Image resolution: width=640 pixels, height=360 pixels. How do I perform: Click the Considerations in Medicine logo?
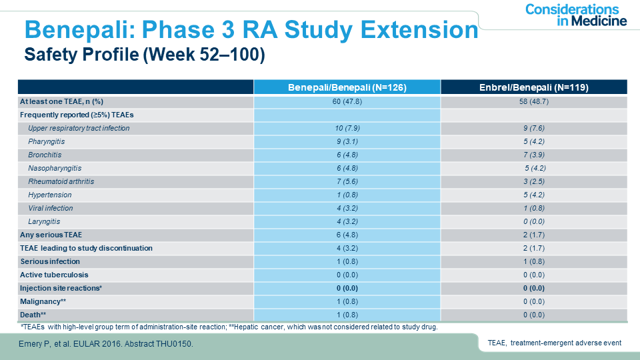click(576, 15)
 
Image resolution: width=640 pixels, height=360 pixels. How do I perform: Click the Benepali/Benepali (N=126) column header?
click(347, 87)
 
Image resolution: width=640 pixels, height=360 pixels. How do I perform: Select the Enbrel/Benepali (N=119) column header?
click(534, 87)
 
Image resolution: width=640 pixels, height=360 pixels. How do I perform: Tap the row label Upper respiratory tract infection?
click(79, 128)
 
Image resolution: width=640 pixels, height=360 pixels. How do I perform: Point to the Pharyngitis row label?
click(47, 141)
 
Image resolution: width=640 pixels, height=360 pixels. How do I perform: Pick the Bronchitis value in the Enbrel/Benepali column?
click(534, 155)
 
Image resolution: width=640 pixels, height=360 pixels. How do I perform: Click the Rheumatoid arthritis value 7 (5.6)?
click(347, 181)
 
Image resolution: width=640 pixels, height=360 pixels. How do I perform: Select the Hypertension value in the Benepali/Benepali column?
click(347, 195)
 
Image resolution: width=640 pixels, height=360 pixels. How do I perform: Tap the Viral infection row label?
click(51, 208)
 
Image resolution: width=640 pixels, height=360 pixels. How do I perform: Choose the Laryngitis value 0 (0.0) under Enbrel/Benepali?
click(534, 221)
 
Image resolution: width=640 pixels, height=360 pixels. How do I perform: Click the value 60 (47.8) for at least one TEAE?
click(347, 101)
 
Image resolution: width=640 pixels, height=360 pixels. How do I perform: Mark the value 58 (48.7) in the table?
click(534, 101)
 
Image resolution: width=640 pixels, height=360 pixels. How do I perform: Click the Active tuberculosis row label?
click(54, 275)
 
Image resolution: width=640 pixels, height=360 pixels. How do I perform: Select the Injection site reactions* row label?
click(61, 288)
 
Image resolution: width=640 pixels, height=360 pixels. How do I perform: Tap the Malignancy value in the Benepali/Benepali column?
click(347, 301)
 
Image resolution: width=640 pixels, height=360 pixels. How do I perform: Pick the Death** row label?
click(33, 315)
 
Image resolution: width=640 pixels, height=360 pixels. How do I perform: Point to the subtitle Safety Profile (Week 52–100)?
click(145, 55)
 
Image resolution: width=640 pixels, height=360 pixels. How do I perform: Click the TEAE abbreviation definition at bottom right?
click(554, 343)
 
